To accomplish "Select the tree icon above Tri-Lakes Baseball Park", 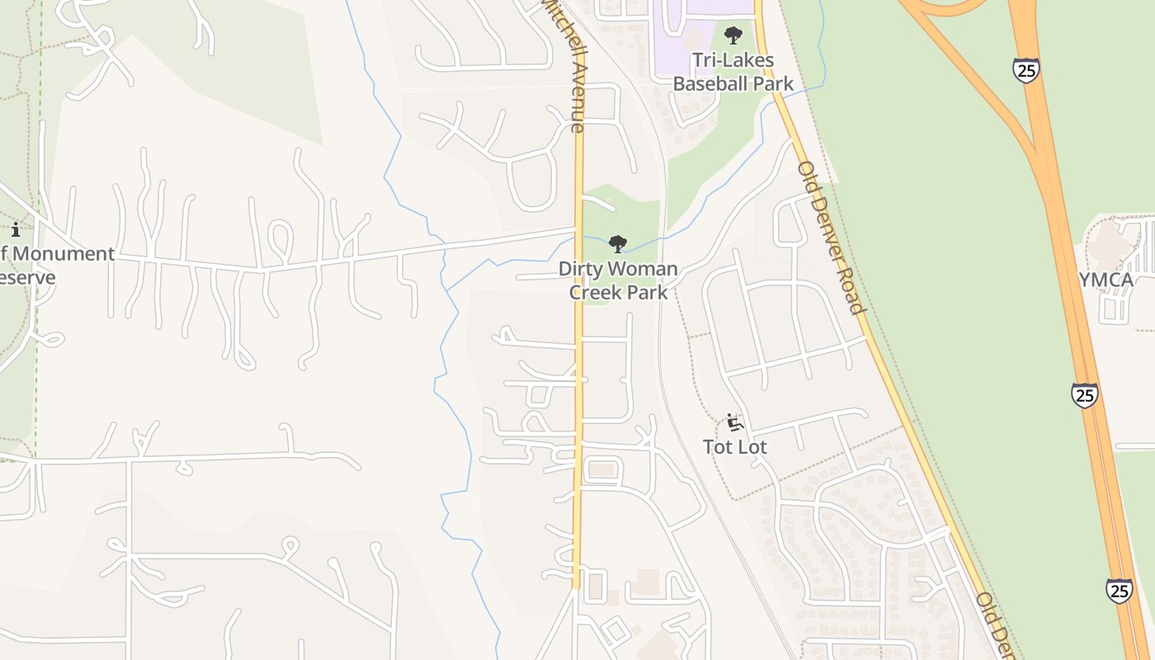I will tap(733, 35).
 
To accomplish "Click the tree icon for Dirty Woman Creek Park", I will tap(617, 243).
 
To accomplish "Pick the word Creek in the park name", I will tap(593, 292).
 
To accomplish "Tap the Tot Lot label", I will tap(734, 447).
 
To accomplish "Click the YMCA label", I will tap(1106, 280).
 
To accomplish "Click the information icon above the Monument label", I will tap(15, 229).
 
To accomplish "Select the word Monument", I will tap(63, 254).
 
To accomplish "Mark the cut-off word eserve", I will tap(27, 277).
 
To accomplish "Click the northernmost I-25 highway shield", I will tap(1026, 70).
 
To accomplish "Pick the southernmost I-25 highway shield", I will tap(1119, 591).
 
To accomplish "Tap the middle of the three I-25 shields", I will tap(1085, 395).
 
